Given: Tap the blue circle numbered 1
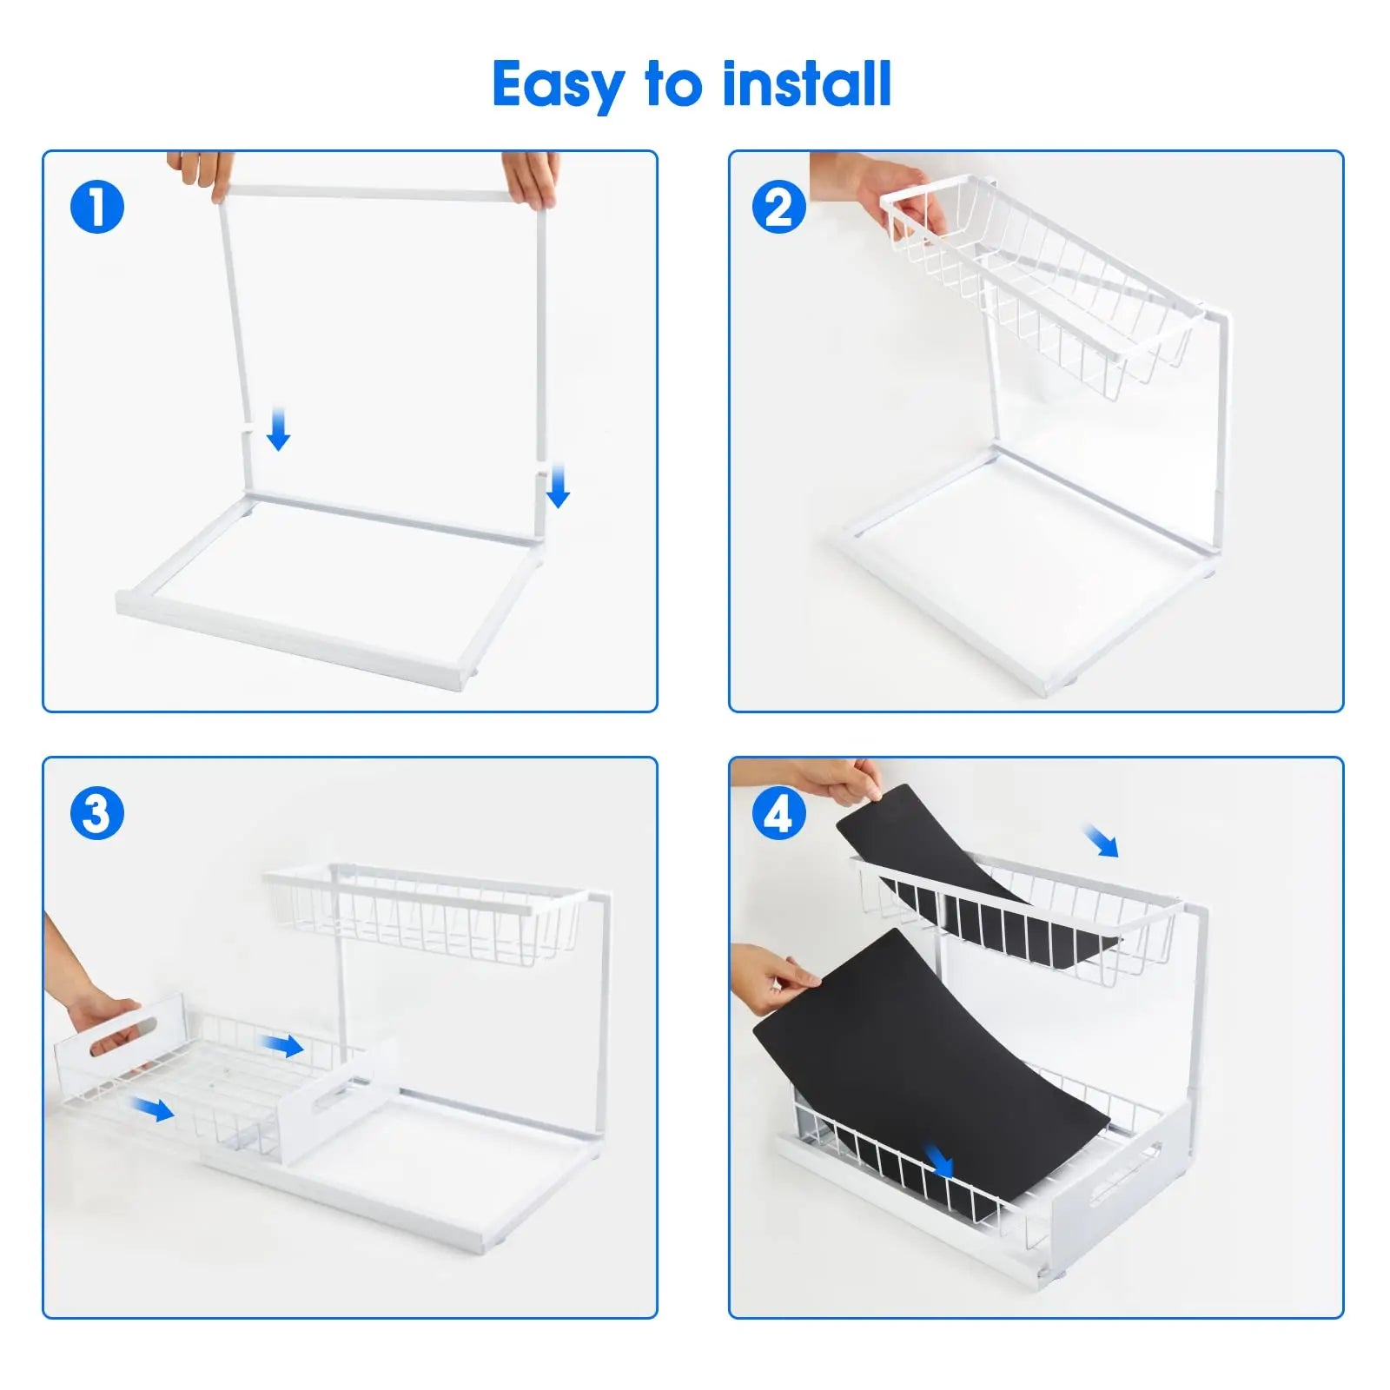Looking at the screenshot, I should tap(97, 208).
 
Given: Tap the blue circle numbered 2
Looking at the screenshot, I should tap(778, 208).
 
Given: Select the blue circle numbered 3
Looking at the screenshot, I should tap(97, 814).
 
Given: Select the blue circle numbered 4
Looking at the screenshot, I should tap(778, 814).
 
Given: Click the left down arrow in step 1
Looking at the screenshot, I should tap(278, 428).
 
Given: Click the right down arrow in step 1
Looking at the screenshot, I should tap(558, 486).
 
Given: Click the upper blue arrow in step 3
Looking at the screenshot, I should tap(282, 1045).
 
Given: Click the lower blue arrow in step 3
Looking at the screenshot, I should tap(153, 1109).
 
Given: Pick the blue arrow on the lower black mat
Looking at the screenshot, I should tap(939, 1159).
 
